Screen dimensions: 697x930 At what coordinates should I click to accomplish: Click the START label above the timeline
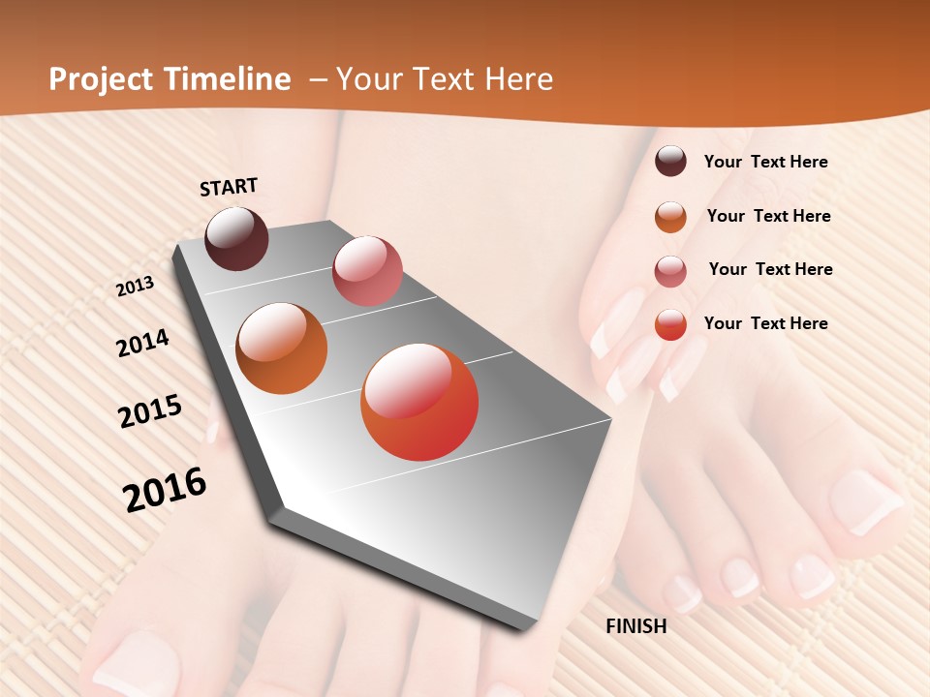(x=229, y=187)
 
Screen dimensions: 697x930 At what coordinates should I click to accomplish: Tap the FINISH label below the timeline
(x=636, y=626)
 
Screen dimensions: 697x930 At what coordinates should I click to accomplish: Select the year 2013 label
(x=136, y=287)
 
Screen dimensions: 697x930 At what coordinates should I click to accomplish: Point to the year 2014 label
(x=142, y=344)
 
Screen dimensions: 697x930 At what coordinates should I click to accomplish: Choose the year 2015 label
(x=150, y=411)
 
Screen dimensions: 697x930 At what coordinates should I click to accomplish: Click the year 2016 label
(x=165, y=489)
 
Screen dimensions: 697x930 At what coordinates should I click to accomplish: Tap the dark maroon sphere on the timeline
(x=237, y=238)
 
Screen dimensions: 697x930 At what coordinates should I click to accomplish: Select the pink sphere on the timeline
(x=367, y=270)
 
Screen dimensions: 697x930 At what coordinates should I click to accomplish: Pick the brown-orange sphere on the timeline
(x=282, y=348)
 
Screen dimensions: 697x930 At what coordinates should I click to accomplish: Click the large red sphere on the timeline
(x=419, y=402)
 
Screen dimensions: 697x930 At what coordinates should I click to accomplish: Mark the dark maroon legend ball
(x=670, y=162)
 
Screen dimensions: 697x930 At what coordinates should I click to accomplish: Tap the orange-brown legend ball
(x=670, y=217)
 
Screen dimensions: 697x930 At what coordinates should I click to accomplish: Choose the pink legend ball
(x=670, y=271)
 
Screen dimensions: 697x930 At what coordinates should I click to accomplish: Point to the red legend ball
(x=670, y=324)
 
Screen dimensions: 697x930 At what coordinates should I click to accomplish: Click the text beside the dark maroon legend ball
(x=765, y=163)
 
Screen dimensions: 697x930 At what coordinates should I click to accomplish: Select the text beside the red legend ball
(x=765, y=323)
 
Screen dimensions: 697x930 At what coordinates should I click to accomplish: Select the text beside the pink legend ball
(x=770, y=269)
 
